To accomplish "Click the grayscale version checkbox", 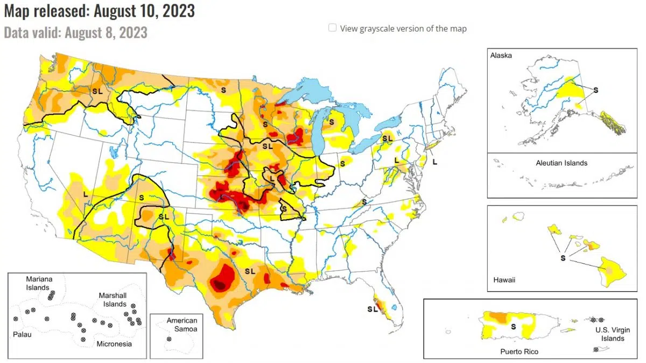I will [x=333, y=28].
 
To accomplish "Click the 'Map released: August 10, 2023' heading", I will [x=99, y=10].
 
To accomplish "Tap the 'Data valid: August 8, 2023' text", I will [x=75, y=32].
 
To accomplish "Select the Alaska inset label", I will [x=501, y=55].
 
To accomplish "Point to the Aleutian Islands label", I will [x=561, y=162].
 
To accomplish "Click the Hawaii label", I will [x=504, y=280].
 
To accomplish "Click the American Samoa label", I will [x=181, y=324].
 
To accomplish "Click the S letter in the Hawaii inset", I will [x=563, y=258].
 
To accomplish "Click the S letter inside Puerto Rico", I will [x=513, y=326].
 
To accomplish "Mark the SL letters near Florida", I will [x=372, y=309].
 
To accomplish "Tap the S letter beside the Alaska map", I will [x=596, y=90].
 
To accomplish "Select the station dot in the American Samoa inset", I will [x=170, y=339].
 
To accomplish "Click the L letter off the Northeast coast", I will [x=435, y=161].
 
